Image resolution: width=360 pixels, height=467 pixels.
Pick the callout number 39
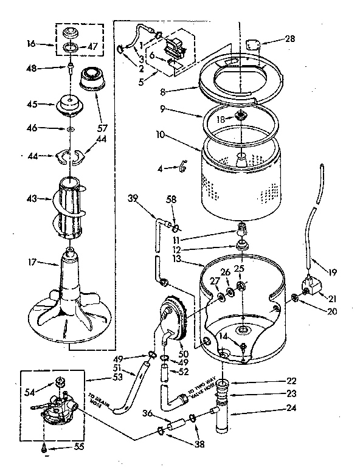pos(133,199)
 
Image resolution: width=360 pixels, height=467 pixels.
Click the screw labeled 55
pos(46,449)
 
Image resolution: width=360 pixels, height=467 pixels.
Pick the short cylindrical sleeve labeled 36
pos(177,424)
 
